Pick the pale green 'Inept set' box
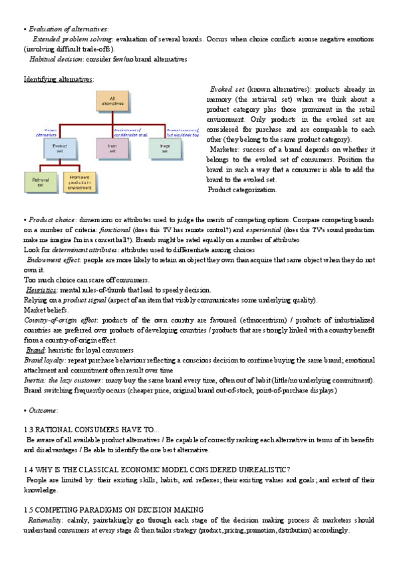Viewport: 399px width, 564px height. (166, 146)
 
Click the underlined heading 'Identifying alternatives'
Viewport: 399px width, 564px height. (59, 78)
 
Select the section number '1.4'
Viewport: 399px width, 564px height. (29, 470)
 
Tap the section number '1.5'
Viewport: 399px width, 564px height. (29, 509)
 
